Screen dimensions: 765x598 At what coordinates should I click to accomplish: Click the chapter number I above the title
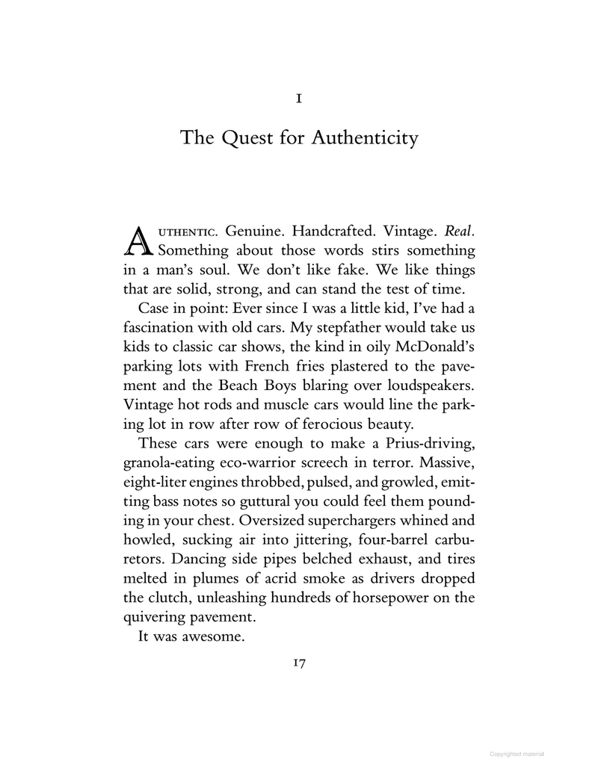click(x=299, y=97)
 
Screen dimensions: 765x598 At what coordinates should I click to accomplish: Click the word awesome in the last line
click(x=219, y=637)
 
